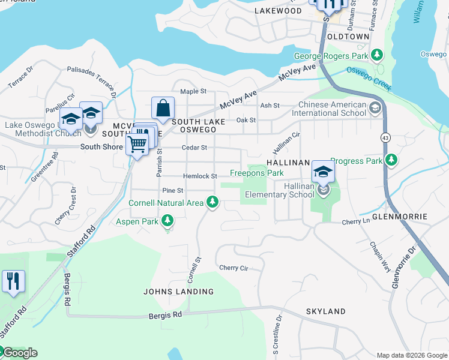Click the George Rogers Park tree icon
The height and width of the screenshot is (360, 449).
point(376,56)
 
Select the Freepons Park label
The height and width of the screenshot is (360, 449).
point(257,173)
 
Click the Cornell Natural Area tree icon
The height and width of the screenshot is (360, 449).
point(211,203)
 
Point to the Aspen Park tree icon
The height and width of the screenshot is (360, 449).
point(168,221)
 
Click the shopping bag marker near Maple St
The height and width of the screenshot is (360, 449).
point(163,109)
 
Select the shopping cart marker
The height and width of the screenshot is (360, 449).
point(137,145)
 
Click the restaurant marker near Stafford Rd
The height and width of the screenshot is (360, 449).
point(13,281)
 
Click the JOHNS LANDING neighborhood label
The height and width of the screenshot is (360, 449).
point(178,292)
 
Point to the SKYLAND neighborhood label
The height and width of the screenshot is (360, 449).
point(326,311)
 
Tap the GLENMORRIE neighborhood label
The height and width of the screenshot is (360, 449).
point(399,216)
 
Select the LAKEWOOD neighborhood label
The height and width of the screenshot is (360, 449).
point(278,11)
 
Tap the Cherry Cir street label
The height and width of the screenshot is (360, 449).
point(234,268)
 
